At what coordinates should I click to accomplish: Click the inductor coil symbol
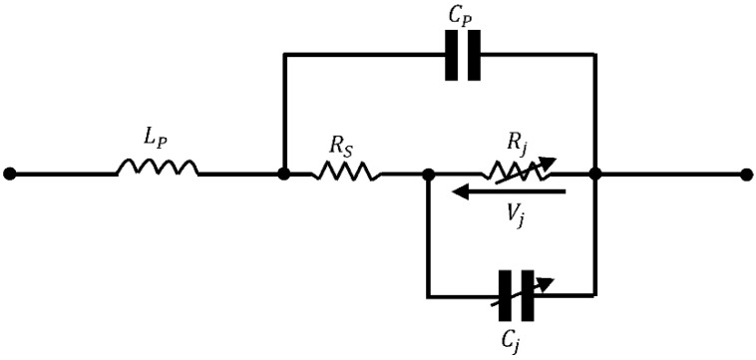point(158,169)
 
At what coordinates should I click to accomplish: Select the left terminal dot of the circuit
point(10,174)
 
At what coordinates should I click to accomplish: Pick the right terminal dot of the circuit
point(746,174)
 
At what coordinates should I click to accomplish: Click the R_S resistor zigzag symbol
point(346,172)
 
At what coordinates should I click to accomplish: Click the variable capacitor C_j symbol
point(515,296)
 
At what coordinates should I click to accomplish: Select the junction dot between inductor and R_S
point(284,174)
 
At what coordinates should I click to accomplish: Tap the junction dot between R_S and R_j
point(428,174)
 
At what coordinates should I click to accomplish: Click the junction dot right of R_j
point(595,174)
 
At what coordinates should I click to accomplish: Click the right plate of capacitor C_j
point(526,296)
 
